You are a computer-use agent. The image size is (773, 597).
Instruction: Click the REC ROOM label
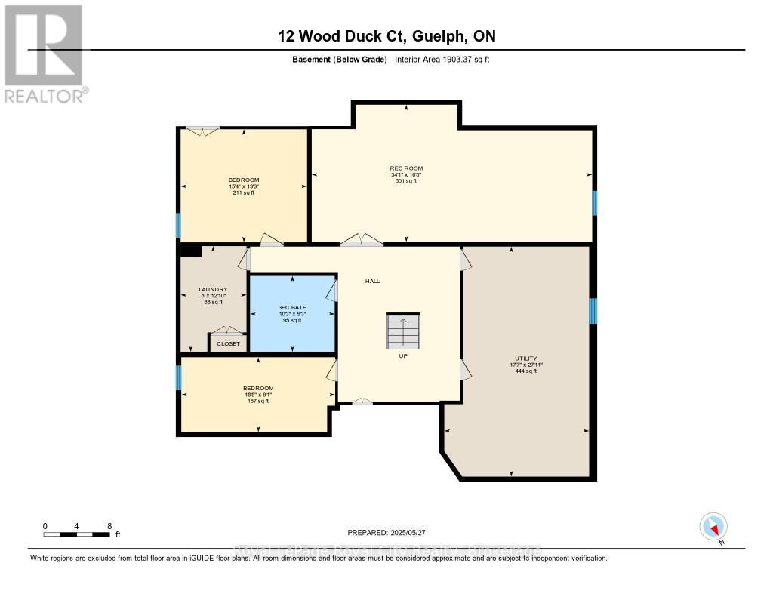tap(406, 168)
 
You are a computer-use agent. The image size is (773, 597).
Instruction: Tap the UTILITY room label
tap(527, 359)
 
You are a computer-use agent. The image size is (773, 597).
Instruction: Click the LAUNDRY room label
tap(213, 289)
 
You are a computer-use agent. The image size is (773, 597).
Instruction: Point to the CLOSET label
tap(228, 344)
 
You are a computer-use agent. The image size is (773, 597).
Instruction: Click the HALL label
tap(372, 281)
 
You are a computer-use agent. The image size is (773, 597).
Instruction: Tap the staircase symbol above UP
tap(403, 331)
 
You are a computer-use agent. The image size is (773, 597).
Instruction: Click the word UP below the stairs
tap(403, 355)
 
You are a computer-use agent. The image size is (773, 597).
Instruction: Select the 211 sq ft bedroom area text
tap(244, 192)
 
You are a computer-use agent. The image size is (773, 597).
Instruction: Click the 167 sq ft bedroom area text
tap(258, 401)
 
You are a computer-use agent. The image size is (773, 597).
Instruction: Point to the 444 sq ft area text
tap(527, 371)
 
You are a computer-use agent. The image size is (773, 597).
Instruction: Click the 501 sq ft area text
tap(406, 181)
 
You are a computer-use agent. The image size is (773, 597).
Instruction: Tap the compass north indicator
tap(713, 526)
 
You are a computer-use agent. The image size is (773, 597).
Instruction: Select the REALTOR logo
tap(45, 54)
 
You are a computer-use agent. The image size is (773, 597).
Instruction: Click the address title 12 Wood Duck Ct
tap(386, 36)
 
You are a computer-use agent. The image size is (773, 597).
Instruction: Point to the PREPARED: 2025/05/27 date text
tap(392, 532)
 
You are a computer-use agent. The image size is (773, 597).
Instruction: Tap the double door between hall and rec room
tap(361, 240)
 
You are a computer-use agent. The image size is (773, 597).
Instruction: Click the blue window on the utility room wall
tap(593, 310)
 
